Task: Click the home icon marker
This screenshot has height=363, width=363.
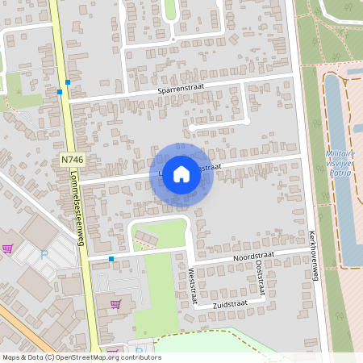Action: click(x=181, y=173)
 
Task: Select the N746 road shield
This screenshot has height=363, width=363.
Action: click(x=72, y=161)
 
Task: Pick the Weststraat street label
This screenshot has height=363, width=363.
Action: click(x=193, y=287)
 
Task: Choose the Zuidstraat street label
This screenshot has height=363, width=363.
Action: click(x=229, y=304)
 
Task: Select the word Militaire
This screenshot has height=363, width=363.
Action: click(x=340, y=153)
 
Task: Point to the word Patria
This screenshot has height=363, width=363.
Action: click(x=340, y=173)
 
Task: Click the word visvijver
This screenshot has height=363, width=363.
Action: click(x=340, y=163)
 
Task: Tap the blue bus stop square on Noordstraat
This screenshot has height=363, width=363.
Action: click(x=111, y=259)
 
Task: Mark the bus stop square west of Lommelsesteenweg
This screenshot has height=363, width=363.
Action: click(x=60, y=92)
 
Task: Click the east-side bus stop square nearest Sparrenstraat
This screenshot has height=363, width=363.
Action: click(x=69, y=82)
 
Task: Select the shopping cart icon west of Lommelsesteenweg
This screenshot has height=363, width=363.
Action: click(x=8, y=249)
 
